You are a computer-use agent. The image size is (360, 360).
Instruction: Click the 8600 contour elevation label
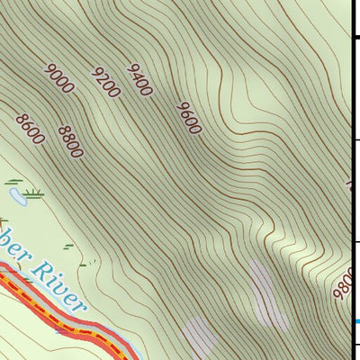[x=30, y=129]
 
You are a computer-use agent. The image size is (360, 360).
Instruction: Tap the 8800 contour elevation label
[x=70, y=141]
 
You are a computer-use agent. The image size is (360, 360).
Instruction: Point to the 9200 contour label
[x=106, y=83]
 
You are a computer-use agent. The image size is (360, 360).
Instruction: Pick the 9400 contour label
[x=140, y=79]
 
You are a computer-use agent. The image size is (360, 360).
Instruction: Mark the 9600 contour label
[x=188, y=118]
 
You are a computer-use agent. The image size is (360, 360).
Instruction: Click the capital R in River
[x=40, y=265]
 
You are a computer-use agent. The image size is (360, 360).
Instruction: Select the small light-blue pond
[x=15, y=193]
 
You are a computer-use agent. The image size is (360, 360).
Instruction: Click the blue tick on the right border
[x=355, y=321]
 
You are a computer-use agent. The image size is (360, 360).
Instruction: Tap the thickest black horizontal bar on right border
[x=355, y=36]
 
